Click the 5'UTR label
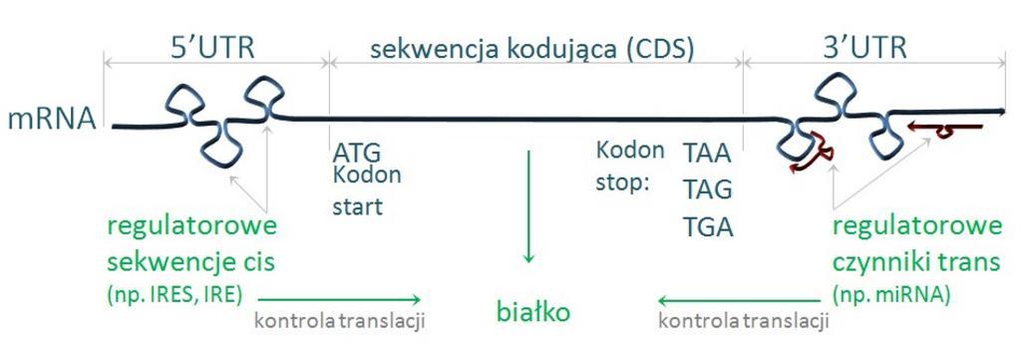(212, 50)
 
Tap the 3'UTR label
(864, 50)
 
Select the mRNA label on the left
(52, 120)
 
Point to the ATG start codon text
(356, 154)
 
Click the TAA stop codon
(707, 156)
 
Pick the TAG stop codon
(708, 190)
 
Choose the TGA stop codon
(708, 226)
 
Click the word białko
(533, 312)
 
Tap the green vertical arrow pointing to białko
(528, 206)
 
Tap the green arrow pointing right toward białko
(340, 299)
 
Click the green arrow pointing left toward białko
(739, 300)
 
